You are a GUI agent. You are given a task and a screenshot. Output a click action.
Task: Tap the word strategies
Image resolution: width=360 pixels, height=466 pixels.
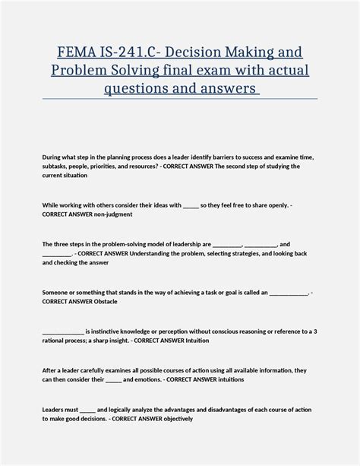257,253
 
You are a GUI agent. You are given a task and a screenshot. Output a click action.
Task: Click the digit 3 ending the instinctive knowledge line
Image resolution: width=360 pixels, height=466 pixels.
315,331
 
